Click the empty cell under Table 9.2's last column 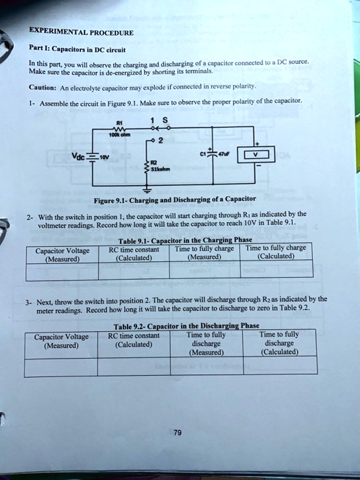(x=280, y=367)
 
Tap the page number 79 (x=178, y=432)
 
